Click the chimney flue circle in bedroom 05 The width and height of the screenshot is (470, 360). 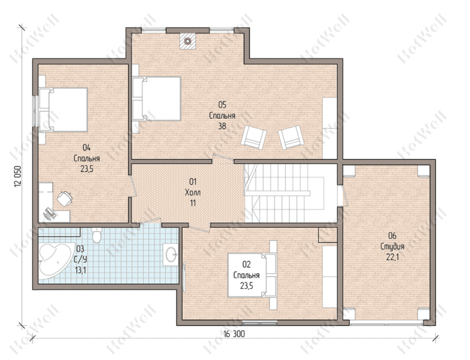click(x=187, y=41)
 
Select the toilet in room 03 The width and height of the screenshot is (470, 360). click(x=97, y=235)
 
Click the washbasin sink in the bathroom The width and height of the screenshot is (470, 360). click(x=171, y=255)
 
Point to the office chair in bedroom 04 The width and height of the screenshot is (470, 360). click(x=64, y=199)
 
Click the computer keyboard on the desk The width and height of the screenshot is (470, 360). click(x=50, y=213)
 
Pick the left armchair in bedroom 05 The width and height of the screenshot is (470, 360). click(x=254, y=136)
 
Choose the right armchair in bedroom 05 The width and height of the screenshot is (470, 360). click(x=291, y=137)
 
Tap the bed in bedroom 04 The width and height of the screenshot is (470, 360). click(x=63, y=109)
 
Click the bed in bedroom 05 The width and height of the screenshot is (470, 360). click(x=156, y=99)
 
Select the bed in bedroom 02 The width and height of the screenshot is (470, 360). click(x=252, y=275)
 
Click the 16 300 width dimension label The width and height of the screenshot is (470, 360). click(x=234, y=334)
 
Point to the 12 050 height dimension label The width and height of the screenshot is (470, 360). click(x=18, y=176)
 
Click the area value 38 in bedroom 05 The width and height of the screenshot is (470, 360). click(x=222, y=126)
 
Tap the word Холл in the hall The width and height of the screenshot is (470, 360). click(x=193, y=193)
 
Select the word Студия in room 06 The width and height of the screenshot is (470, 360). click(x=392, y=246)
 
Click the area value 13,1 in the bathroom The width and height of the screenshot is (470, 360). click(x=81, y=271)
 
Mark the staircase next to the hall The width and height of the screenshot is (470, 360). click(x=290, y=193)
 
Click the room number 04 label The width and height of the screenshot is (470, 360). click(x=87, y=148)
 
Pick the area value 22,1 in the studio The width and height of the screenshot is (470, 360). click(x=392, y=257)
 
